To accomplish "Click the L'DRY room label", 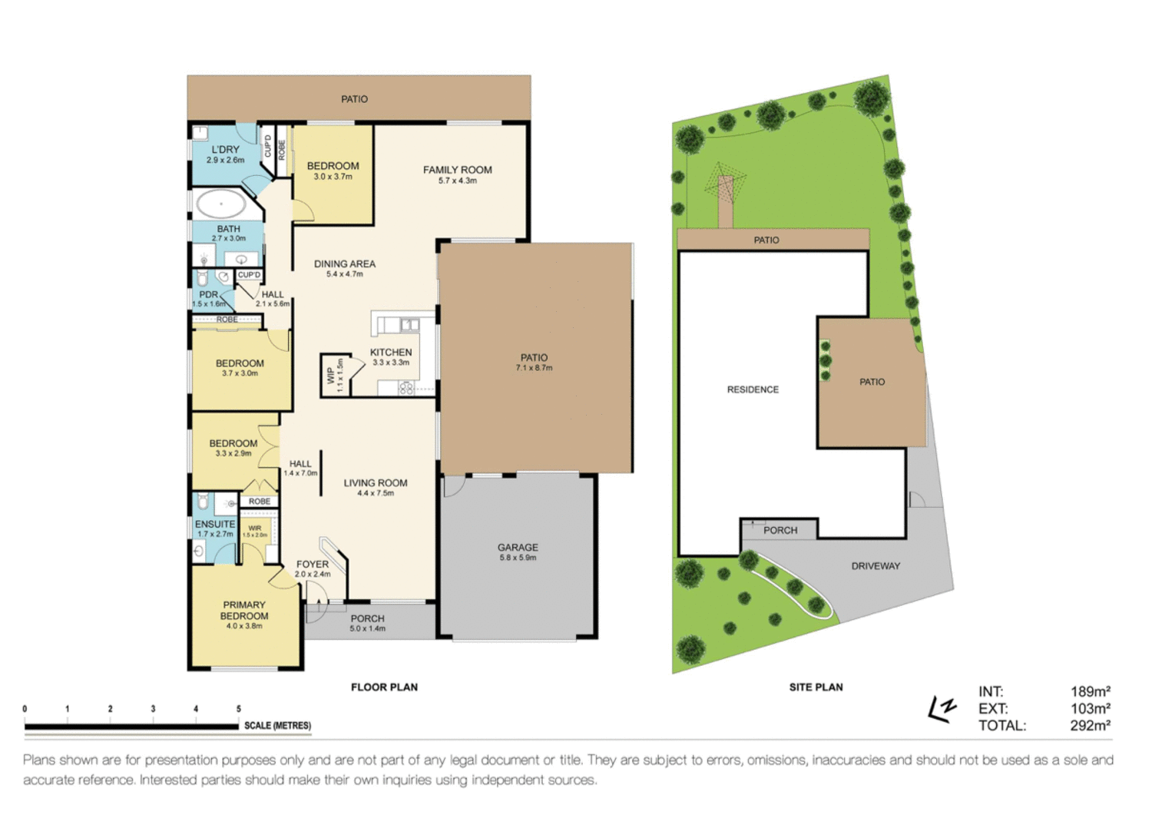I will (x=225, y=150).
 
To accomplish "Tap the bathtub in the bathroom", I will (x=221, y=204).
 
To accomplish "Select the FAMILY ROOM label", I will (x=457, y=170).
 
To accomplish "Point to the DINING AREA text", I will (x=344, y=263).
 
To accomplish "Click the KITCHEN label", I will (x=391, y=352).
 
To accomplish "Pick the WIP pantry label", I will (x=331, y=375).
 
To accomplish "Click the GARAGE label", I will (x=518, y=547).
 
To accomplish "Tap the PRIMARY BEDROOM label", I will (x=244, y=610).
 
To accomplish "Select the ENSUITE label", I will (x=215, y=524).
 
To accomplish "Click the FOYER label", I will (x=313, y=564).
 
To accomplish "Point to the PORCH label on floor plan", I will (x=367, y=618).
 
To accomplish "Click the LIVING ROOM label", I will (x=376, y=482).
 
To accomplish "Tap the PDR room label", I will (x=208, y=294).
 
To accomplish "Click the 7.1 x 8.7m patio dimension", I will (x=534, y=368).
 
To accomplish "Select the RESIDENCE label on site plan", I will (x=753, y=389).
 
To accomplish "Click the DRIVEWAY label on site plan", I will (x=876, y=565).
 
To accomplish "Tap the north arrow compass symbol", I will (x=942, y=708).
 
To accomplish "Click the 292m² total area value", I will (x=1090, y=725).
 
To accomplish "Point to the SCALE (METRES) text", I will (x=277, y=725).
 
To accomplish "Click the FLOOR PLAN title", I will (x=384, y=687).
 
